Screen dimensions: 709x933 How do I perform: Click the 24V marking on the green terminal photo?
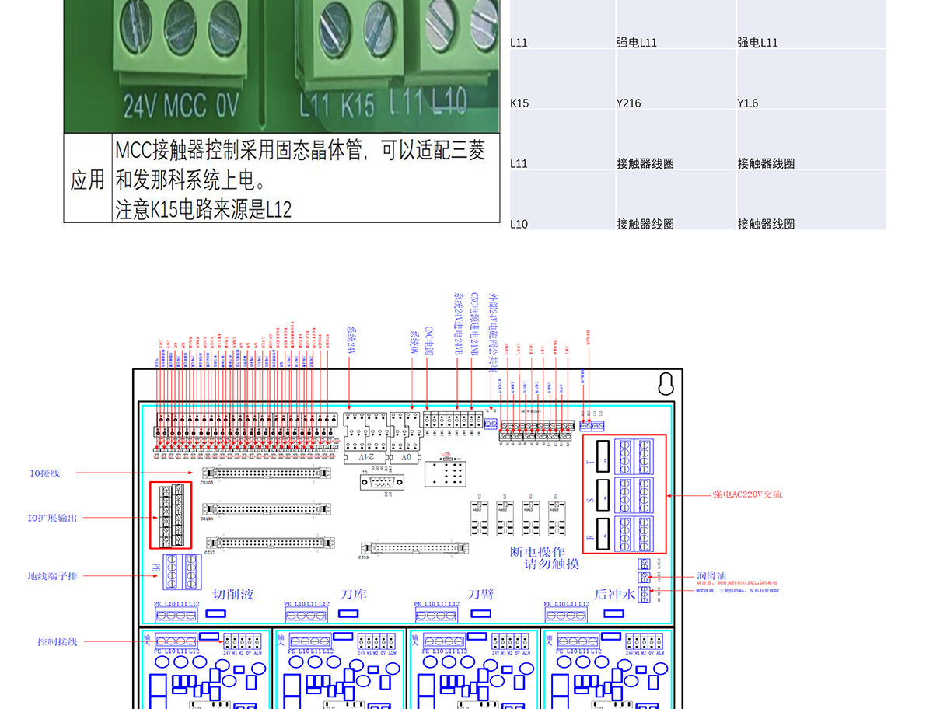click(141, 107)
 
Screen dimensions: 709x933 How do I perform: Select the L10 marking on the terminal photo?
click(449, 101)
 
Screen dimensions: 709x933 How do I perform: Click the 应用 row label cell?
click(87, 180)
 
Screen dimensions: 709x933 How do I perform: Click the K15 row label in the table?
click(519, 103)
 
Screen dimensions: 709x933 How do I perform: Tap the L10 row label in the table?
click(519, 224)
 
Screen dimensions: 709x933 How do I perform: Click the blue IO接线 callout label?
click(44, 473)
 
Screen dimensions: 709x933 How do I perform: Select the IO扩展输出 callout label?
click(53, 518)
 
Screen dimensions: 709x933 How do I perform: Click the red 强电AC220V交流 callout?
click(747, 494)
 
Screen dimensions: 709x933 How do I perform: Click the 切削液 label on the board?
click(233, 595)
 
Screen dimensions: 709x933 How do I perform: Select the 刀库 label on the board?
click(354, 595)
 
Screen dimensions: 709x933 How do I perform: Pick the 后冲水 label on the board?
click(615, 595)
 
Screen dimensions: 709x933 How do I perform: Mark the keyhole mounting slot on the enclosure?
click(666, 384)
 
